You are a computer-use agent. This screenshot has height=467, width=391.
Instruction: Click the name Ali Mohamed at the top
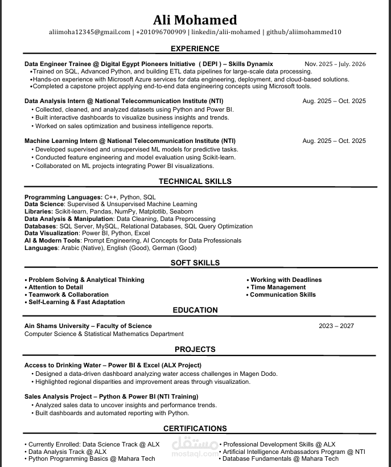pyautogui.click(x=195, y=20)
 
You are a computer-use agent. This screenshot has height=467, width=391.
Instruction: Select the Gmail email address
pyautogui.click(x=90, y=32)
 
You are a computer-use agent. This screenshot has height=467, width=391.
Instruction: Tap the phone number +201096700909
pyautogui.click(x=161, y=32)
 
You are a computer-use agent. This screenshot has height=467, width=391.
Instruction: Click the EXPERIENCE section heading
pyautogui.click(x=195, y=49)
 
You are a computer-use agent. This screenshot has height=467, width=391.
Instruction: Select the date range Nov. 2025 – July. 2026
pyautogui.click(x=335, y=64)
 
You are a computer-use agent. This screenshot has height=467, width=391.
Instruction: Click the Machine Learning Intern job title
pyautogui.click(x=130, y=141)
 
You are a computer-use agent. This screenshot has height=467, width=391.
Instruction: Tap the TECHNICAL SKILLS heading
pyautogui.click(x=195, y=182)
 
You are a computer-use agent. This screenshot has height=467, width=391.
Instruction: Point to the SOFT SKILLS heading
pyautogui.click(x=195, y=263)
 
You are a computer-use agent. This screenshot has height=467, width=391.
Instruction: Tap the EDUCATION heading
pyautogui.click(x=195, y=310)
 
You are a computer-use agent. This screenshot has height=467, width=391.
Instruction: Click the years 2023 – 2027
pyautogui.click(x=336, y=326)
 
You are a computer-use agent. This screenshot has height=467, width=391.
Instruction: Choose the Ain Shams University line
pyautogui.click(x=88, y=326)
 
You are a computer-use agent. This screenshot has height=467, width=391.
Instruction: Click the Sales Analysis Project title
pyautogui.click(x=112, y=396)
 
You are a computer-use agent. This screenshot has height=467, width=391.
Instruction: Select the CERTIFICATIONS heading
pyautogui.click(x=195, y=429)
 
